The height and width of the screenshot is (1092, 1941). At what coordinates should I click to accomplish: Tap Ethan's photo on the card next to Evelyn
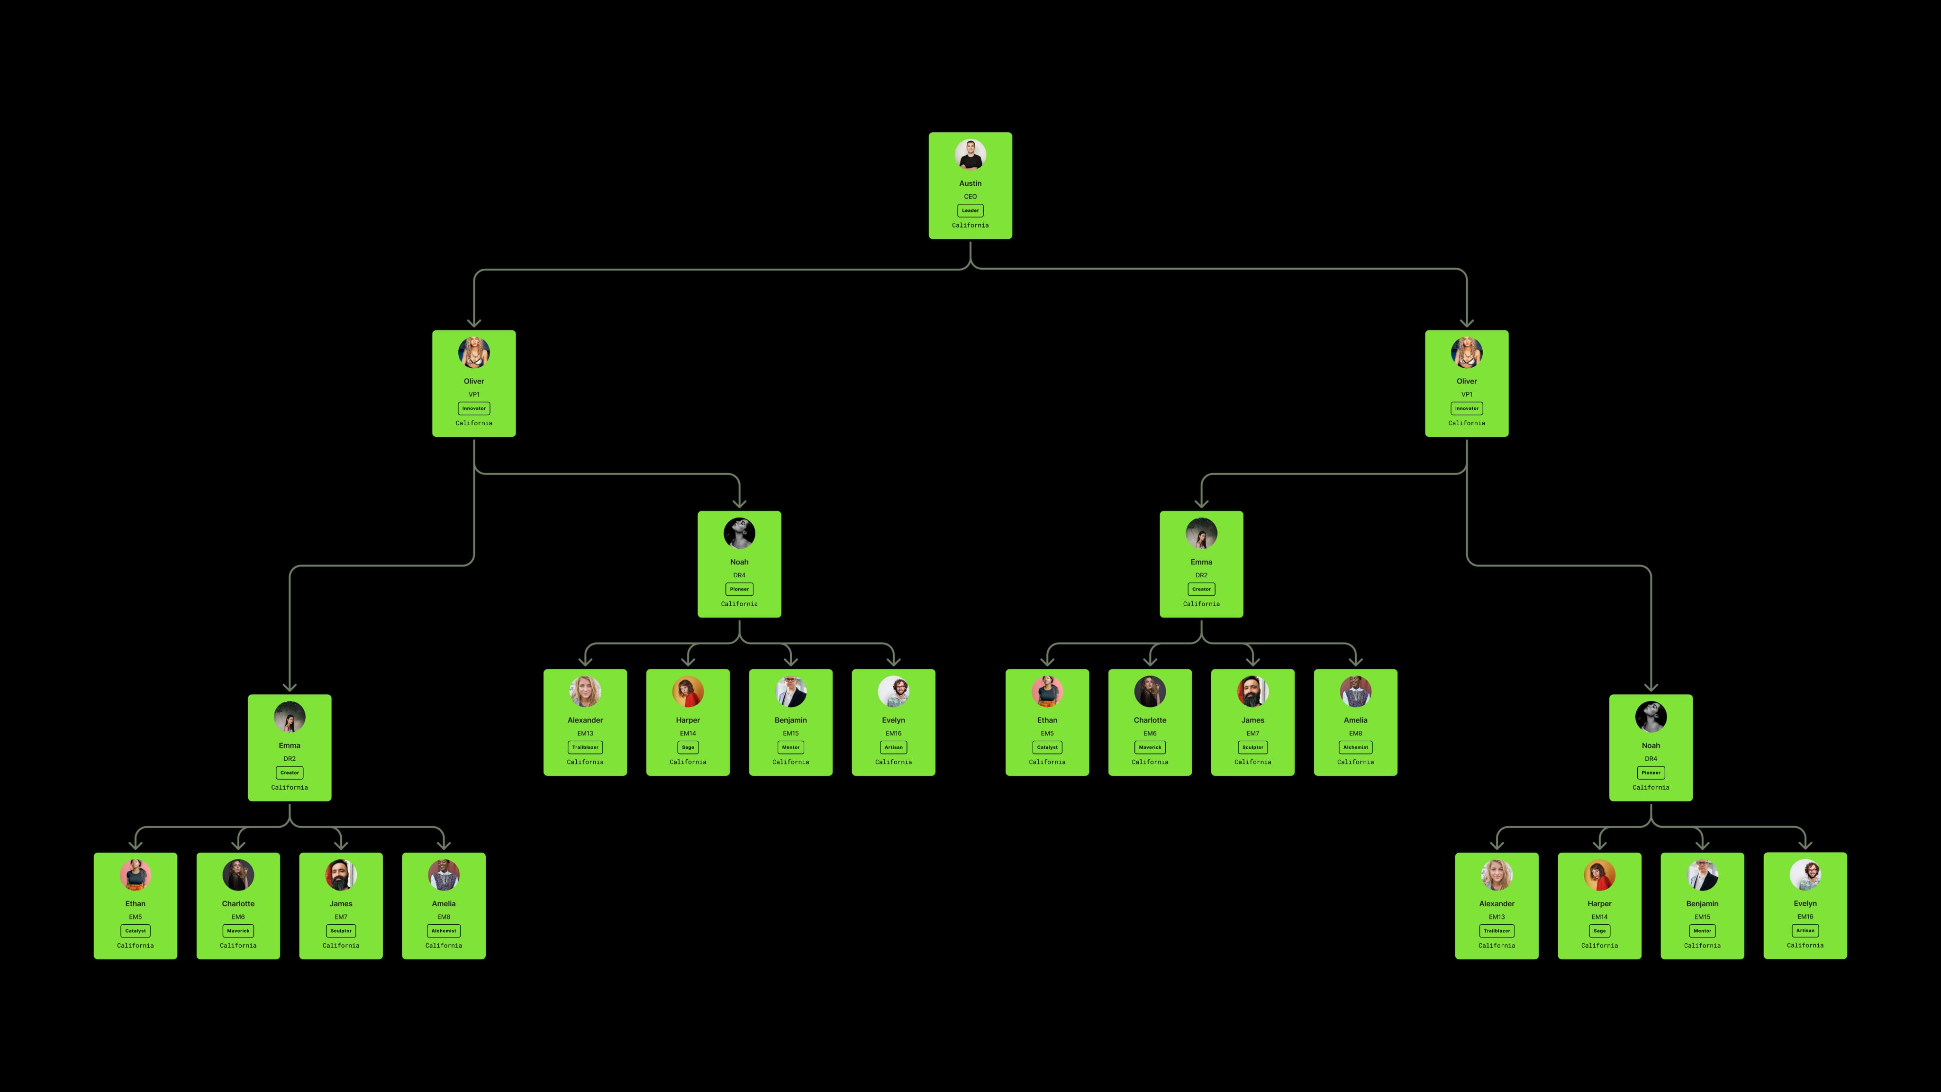1047,691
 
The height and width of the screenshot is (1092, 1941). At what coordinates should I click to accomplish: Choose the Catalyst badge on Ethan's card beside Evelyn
1047,747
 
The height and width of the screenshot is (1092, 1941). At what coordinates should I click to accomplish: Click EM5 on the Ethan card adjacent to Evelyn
1047,733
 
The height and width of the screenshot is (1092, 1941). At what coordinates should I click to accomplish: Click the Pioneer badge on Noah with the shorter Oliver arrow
739,589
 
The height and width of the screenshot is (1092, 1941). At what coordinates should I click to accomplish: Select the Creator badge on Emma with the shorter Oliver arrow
1201,589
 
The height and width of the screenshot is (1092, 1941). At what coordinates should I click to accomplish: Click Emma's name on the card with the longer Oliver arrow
290,746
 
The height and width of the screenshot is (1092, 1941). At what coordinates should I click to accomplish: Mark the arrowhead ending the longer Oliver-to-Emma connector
290,687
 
